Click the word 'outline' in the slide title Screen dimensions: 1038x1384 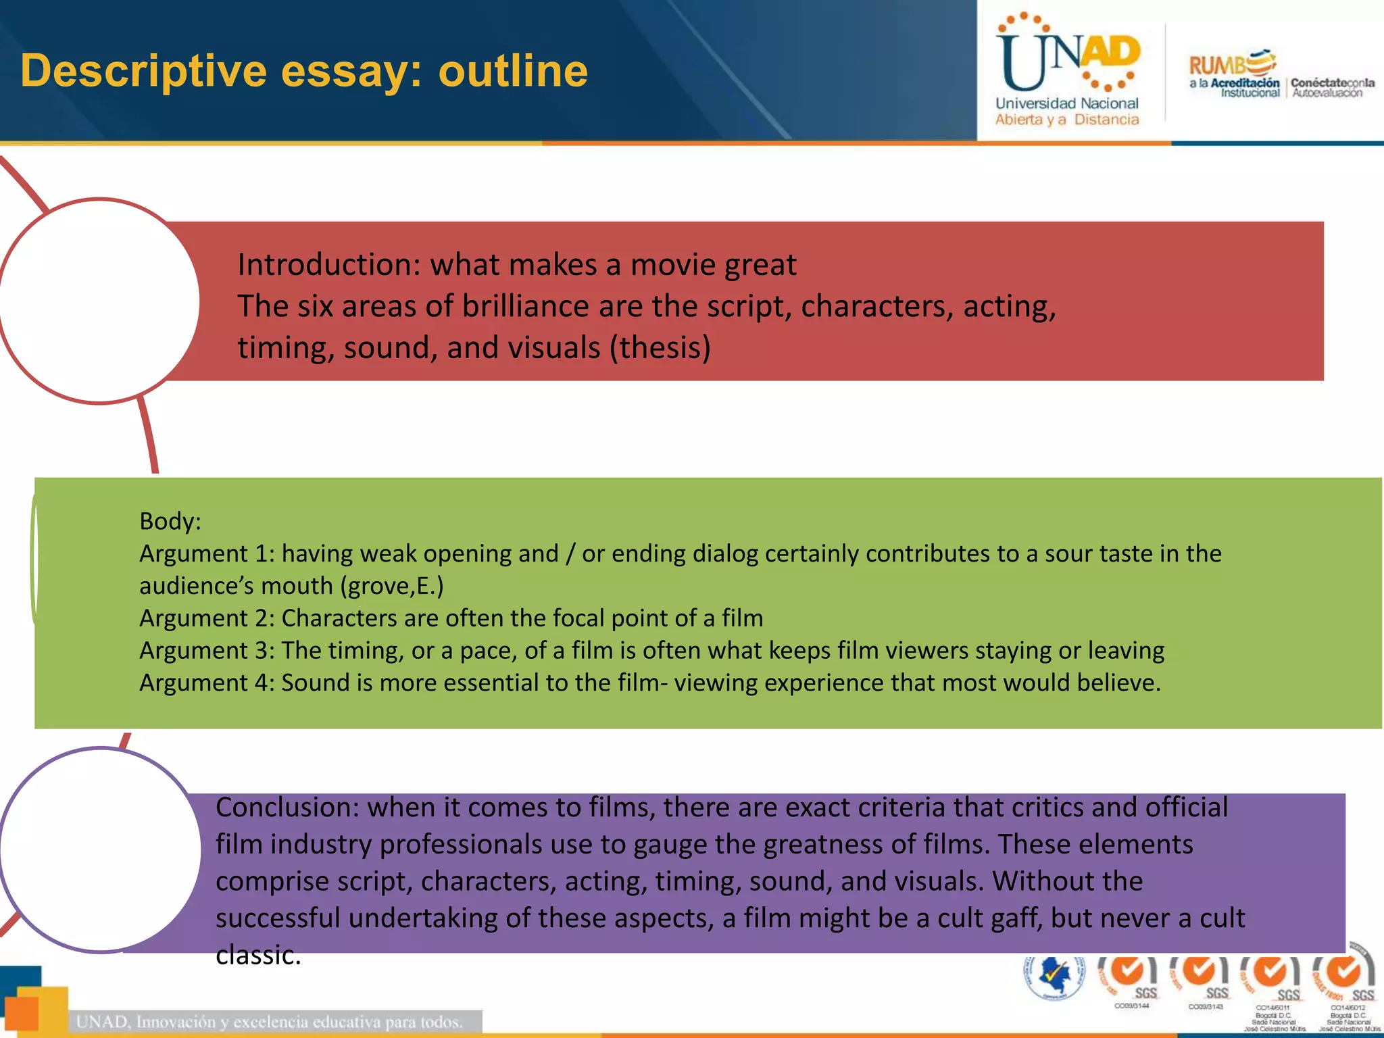pyautogui.click(x=513, y=71)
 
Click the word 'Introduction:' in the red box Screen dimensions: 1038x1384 pyautogui.click(x=328, y=264)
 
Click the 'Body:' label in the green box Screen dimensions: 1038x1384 pyautogui.click(x=170, y=521)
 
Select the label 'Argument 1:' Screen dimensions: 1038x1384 pyautogui.click(x=207, y=553)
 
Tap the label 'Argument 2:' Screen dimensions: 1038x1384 pyautogui.click(x=207, y=618)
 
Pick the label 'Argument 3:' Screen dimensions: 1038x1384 pyautogui.click(x=207, y=650)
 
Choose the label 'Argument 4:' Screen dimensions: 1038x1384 pyautogui.click(x=207, y=683)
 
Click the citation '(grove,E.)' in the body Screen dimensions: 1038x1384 pyautogui.click(x=392, y=586)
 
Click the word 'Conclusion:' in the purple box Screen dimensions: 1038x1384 pyautogui.click(x=287, y=808)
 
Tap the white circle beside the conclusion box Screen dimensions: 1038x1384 pyautogui.click(x=101, y=849)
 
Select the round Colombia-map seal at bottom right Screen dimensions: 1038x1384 pyautogui.click(x=1054, y=977)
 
